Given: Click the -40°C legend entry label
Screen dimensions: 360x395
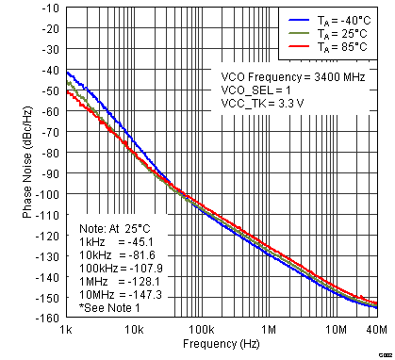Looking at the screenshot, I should (x=344, y=19).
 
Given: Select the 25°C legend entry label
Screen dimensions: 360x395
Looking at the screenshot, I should (x=342, y=33).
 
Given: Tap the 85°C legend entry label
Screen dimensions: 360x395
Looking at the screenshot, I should (x=342, y=47).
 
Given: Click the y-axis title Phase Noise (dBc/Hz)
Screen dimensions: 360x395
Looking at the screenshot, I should (x=28, y=163).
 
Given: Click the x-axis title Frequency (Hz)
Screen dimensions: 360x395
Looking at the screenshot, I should (x=222, y=346).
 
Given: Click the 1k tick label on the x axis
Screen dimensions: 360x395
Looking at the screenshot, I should (x=66, y=330).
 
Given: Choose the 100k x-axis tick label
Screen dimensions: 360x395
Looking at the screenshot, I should (x=200, y=330).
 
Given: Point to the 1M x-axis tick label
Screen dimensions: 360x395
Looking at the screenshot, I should (x=269, y=330).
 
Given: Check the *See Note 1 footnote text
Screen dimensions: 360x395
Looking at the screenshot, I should (x=111, y=307).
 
